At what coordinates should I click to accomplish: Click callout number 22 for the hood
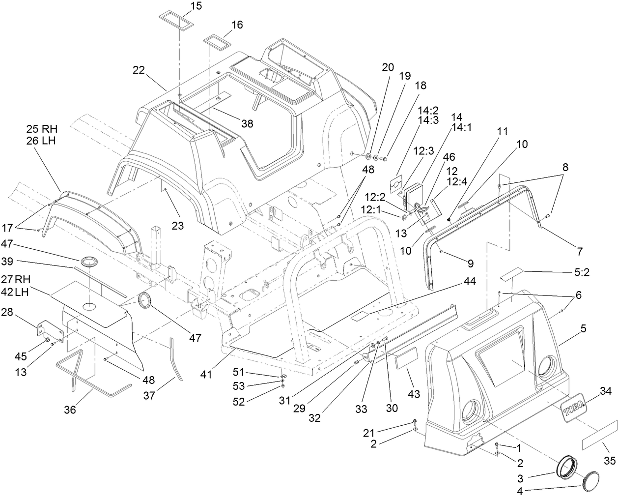point(139,70)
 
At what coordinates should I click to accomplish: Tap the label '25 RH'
point(42,129)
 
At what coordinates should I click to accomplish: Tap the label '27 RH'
point(29,279)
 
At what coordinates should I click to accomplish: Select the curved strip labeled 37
point(176,358)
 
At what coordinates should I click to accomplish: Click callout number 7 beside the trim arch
point(580,251)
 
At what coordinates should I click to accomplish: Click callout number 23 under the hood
point(177,226)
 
